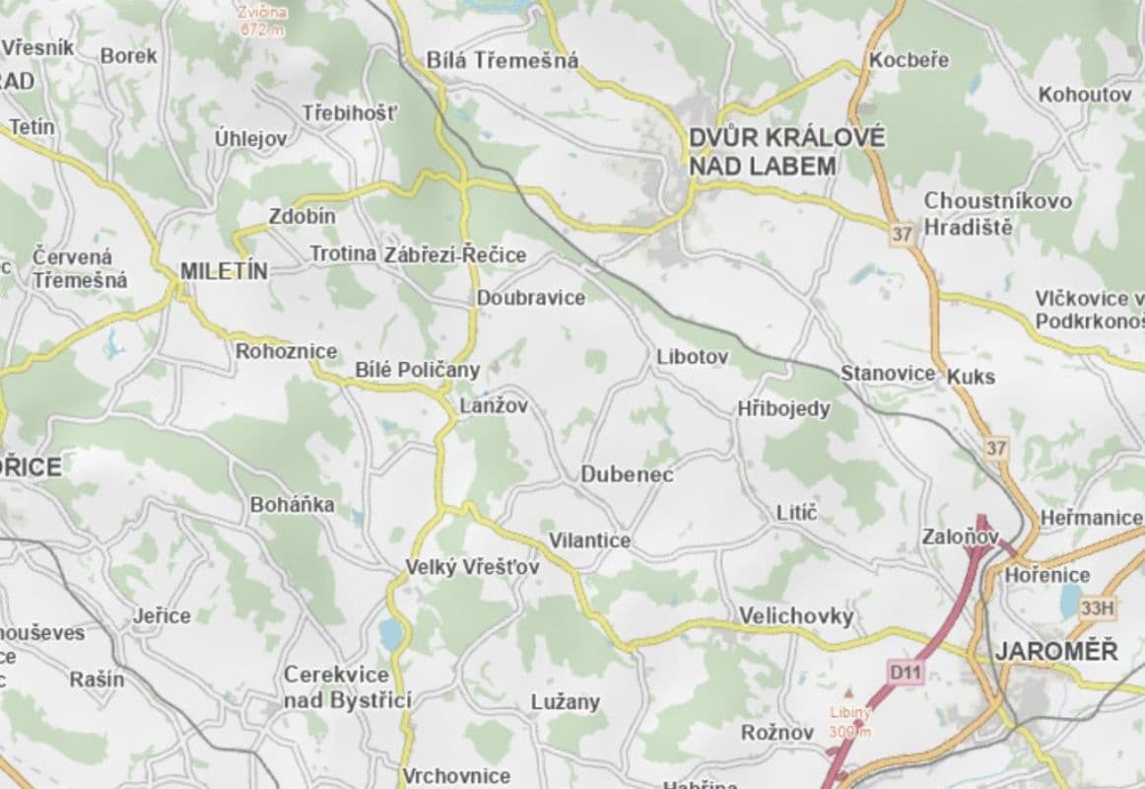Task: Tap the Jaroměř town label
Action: coord(1055,651)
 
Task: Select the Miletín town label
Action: coord(225,271)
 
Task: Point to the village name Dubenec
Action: coord(627,474)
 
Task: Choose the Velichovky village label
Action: coord(796,616)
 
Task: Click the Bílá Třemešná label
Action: coord(503,60)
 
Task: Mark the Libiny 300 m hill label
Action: coord(848,721)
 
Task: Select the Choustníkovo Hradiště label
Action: coord(997,213)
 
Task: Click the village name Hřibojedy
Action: coord(783,408)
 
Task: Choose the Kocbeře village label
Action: coord(909,60)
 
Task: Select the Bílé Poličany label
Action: coord(417,370)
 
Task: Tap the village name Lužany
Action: coord(565,702)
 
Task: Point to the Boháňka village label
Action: coord(292,505)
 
